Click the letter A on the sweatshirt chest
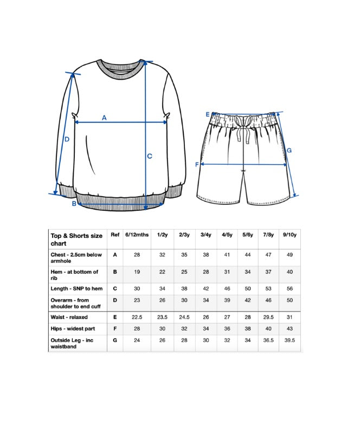[104, 118]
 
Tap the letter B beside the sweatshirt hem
[74, 204]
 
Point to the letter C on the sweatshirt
[150, 156]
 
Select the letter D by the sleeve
[67, 139]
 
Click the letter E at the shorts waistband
[207, 114]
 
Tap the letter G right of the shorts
[289, 150]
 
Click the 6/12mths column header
[137, 235]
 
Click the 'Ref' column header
[115, 235]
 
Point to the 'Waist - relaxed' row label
[69, 317]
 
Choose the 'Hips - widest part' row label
[73, 329]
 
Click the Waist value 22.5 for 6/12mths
[137, 317]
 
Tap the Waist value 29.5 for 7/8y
[268, 317]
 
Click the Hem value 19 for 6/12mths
[137, 272]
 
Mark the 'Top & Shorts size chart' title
[76, 239]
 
